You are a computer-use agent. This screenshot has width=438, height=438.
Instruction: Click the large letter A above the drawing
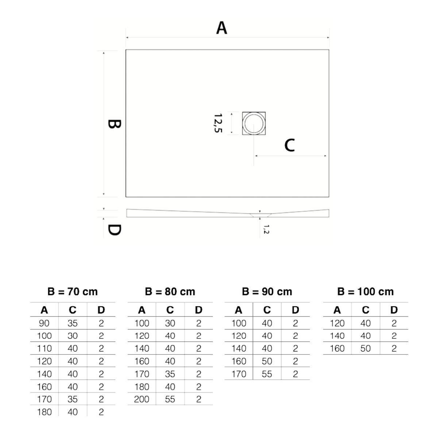222,28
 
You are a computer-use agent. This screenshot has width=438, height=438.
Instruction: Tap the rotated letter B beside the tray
114,124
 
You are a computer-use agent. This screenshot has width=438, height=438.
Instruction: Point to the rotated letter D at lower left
114,230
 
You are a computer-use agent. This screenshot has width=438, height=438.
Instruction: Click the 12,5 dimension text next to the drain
218,123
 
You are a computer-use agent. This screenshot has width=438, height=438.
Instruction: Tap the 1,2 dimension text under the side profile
266,229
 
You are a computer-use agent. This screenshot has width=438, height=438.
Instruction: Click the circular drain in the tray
254,123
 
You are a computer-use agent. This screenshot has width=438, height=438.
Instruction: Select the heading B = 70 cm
73,292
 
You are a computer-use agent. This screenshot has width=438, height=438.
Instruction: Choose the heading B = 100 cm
365,292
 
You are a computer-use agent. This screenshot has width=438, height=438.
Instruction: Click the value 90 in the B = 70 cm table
44,323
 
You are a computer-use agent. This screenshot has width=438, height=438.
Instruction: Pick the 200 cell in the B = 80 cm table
141,399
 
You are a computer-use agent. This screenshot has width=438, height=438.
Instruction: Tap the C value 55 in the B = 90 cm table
266,374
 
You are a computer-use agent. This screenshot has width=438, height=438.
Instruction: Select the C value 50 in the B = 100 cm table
365,348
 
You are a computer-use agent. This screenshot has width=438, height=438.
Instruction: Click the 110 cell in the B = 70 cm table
44,348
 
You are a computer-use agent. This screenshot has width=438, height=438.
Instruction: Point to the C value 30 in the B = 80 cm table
170,323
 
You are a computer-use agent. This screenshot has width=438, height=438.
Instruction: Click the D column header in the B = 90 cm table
295,310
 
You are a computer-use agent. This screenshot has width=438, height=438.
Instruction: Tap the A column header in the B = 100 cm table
337,310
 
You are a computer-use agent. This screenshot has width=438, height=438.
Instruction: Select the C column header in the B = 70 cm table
73,310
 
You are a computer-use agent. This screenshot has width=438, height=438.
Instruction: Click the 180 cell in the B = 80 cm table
142,387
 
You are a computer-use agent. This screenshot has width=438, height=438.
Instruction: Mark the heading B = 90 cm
267,292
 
